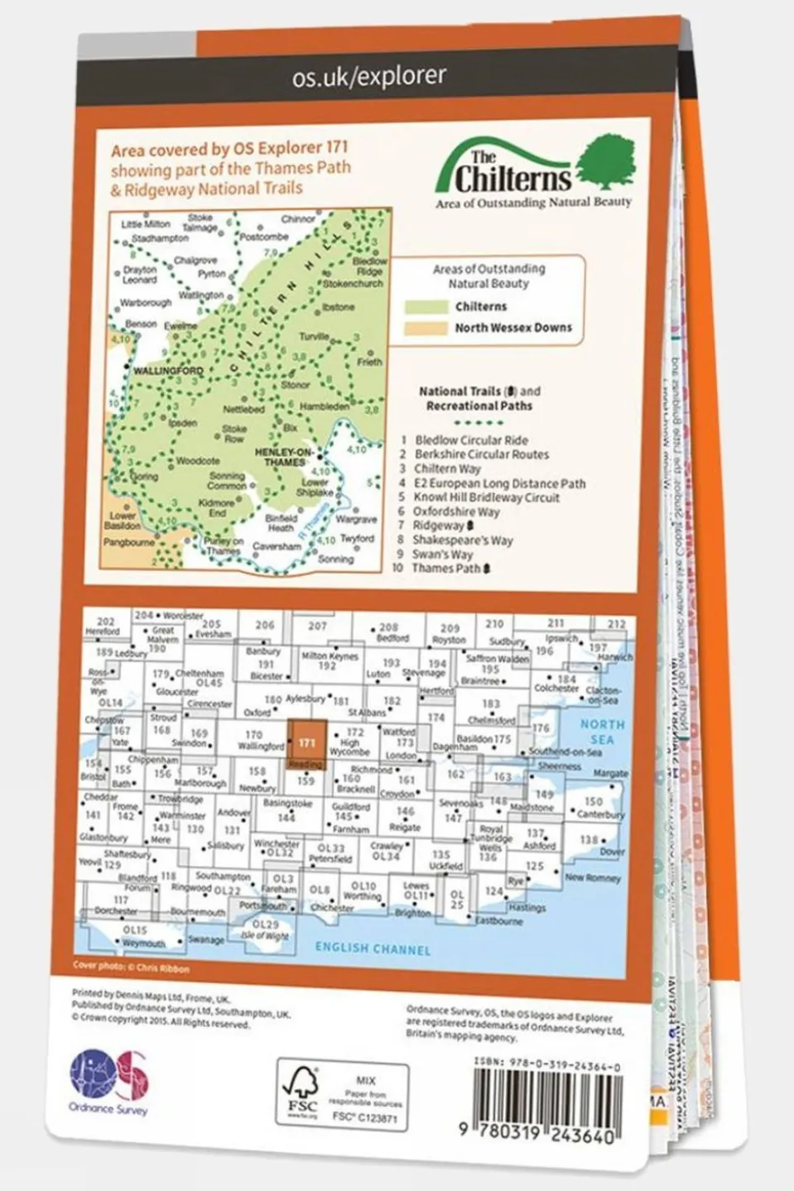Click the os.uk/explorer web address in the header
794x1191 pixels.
click(x=368, y=76)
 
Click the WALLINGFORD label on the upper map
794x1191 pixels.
click(x=168, y=371)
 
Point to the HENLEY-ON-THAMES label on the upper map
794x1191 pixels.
click(x=284, y=457)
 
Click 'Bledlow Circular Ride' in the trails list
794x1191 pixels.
click(x=471, y=440)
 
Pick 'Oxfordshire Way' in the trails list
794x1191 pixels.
click(x=456, y=511)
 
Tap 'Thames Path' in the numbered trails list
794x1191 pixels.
click(x=446, y=569)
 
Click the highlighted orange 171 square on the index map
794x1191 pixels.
click(x=306, y=742)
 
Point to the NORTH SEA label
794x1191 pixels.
click(x=602, y=731)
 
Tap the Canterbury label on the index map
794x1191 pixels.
click(x=599, y=814)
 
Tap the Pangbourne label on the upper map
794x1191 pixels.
click(x=128, y=543)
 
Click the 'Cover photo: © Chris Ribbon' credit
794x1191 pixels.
click(x=131, y=968)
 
